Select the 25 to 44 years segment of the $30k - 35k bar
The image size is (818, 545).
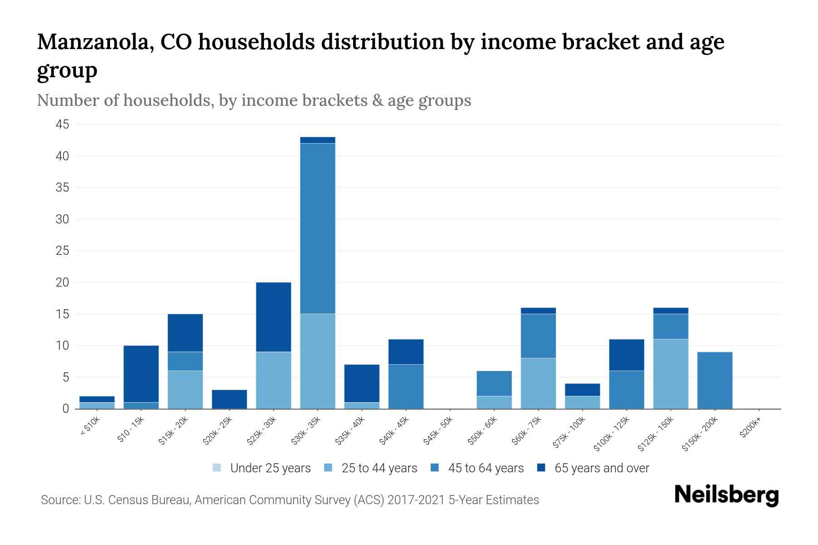tap(318, 361)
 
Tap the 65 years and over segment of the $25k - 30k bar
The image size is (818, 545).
tap(274, 317)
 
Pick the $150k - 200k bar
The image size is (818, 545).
tap(715, 380)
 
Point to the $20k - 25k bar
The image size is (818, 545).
tap(229, 399)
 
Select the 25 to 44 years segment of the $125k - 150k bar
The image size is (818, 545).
tap(671, 374)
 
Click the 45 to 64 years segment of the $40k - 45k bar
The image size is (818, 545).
tap(406, 386)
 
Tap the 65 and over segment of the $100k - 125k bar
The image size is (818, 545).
tap(627, 355)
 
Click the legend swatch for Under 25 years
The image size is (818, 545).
tap(217, 468)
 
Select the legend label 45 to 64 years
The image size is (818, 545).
tap(486, 468)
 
